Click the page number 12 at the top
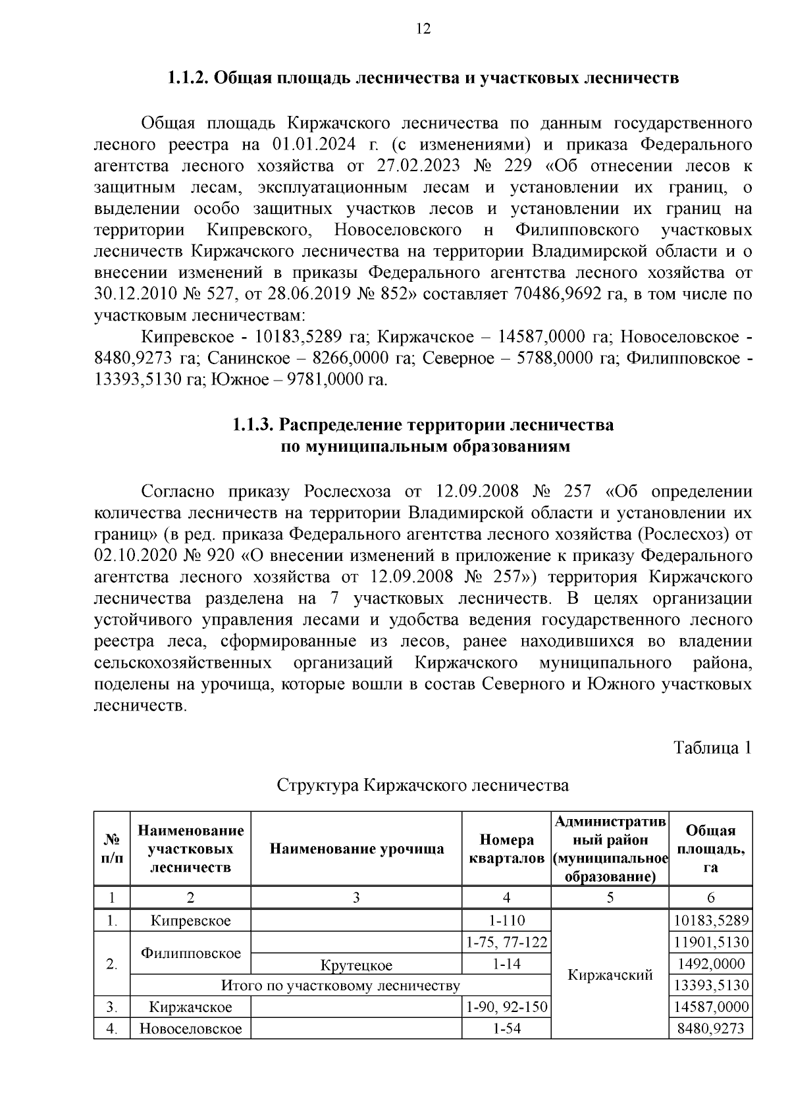pos(423,29)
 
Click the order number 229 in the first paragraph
pos(520,165)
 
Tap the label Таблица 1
pos(712,748)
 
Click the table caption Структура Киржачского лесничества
pos(423,785)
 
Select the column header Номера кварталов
pos(506,849)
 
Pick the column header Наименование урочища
pos(357,849)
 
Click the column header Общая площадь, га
pos(710,849)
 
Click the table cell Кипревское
pos(191,920)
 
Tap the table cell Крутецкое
pos(356,965)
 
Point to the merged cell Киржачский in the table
pos(610,974)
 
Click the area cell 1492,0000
pos(711,965)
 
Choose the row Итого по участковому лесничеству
pos(340,986)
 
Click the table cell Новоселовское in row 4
pos(191,1028)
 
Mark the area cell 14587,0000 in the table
pos(711,1007)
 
